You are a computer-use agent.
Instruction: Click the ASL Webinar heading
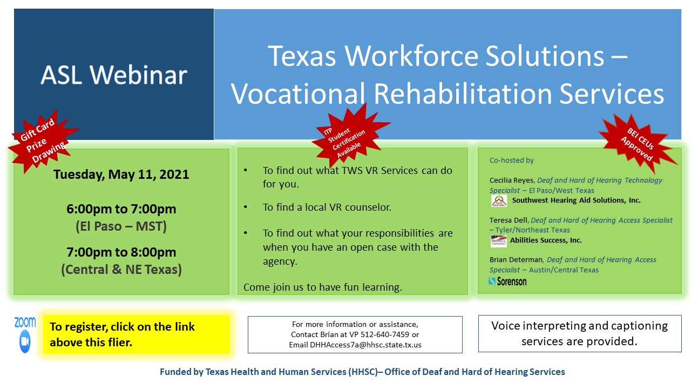click(114, 75)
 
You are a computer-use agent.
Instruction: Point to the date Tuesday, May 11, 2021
click(121, 175)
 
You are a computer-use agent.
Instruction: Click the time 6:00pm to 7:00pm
click(121, 209)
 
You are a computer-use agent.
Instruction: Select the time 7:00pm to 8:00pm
click(121, 252)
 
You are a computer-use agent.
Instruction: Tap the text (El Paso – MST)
click(121, 226)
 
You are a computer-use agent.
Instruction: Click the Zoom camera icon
click(25, 341)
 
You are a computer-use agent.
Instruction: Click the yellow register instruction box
click(136, 334)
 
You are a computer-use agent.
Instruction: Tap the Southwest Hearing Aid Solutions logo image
click(499, 200)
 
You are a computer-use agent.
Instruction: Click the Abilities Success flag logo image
click(499, 240)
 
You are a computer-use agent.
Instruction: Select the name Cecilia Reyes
click(512, 180)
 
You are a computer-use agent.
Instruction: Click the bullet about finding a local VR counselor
click(327, 207)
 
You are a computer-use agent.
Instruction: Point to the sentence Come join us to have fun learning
click(322, 287)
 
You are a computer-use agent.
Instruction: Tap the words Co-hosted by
click(511, 160)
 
